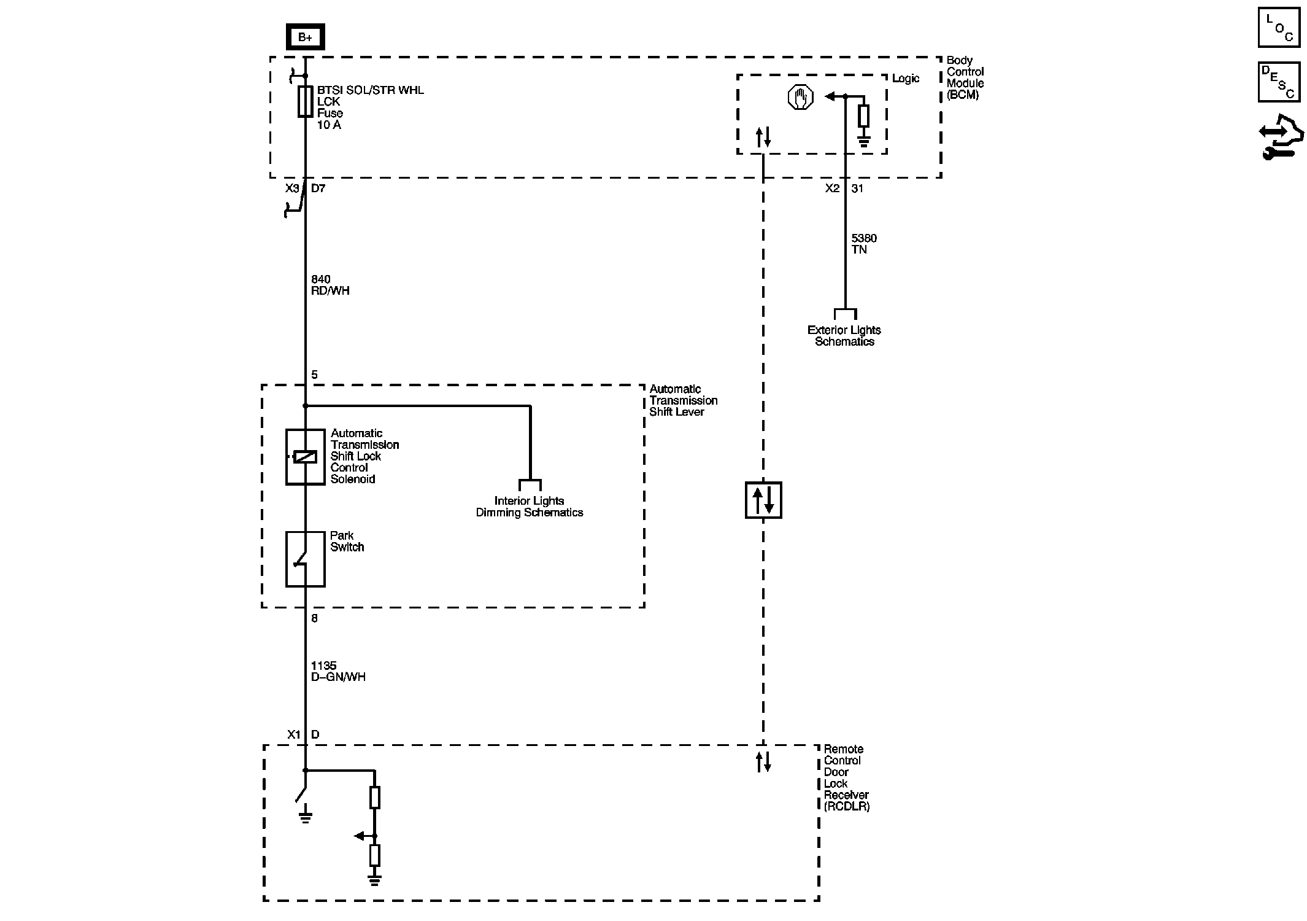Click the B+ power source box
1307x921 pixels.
point(305,37)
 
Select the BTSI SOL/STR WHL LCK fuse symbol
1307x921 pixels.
point(305,101)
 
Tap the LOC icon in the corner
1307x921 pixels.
point(1279,28)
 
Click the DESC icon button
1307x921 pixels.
point(1279,82)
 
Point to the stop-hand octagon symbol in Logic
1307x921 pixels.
point(800,97)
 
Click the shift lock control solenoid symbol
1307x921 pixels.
point(305,457)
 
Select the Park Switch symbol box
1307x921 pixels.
point(305,559)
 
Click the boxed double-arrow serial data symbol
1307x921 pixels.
point(763,500)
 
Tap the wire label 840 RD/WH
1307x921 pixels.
point(330,285)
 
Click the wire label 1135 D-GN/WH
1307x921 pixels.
point(338,671)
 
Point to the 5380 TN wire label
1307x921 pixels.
point(864,244)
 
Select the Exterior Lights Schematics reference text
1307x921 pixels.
point(844,336)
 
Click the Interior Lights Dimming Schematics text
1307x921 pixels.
point(529,507)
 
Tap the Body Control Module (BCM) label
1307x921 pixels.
point(965,77)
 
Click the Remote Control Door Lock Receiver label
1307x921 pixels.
point(846,777)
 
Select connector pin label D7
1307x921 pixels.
point(318,188)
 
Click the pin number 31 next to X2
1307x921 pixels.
point(857,188)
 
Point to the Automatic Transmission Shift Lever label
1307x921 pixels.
point(682,400)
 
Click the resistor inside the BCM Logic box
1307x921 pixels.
point(863,116)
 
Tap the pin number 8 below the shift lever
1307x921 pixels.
point(315,618)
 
